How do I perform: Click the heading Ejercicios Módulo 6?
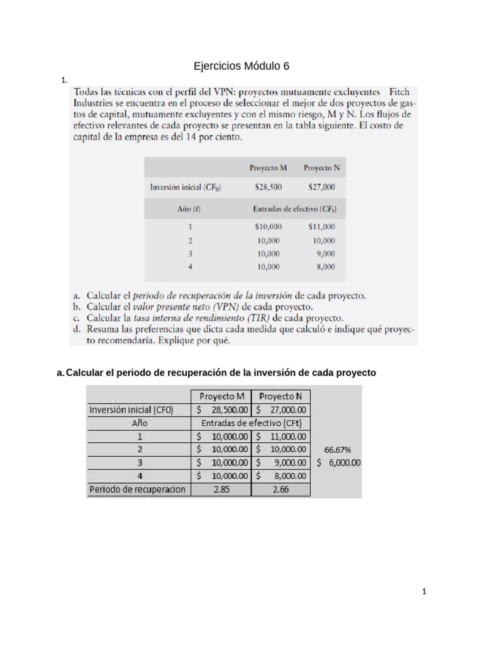[x=241, y=67]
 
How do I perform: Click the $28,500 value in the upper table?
[x=269, y=187]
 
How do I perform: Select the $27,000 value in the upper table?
[x=321, y=187]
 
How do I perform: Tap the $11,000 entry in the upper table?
[x=321, y=227]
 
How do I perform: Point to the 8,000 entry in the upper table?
[x=325, y=267]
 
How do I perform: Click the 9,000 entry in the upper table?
[x=325, y=254]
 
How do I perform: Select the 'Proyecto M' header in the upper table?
[x=269, y=168]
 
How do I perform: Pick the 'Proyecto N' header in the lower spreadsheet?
[x=281, y=397]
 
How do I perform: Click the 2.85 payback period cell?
[x=221, y=489]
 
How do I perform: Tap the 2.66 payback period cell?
[x=281, y=489]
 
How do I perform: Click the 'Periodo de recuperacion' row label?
[x=138, y=489]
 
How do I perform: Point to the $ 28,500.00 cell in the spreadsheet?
[x=221, y=410]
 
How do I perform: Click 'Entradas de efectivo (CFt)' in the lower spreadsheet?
[x=251, y=423]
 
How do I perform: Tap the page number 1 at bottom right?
[x=425, y=591]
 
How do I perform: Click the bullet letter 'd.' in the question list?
[x=77, y=329]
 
